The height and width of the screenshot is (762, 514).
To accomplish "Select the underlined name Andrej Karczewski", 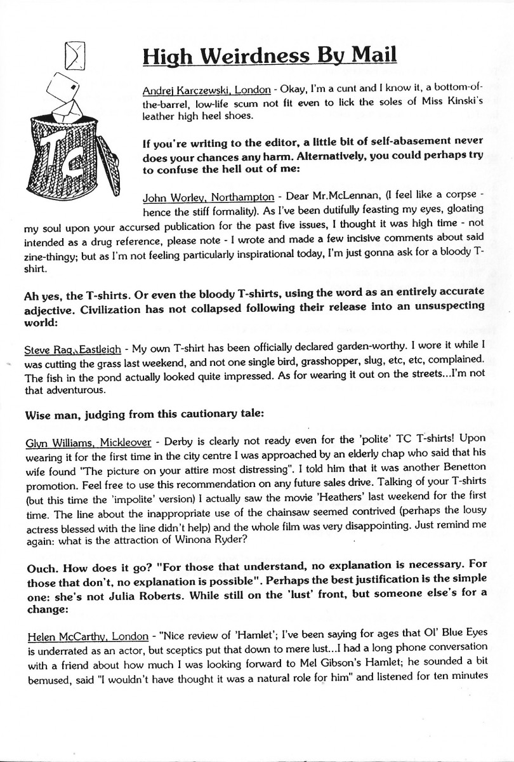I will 180,90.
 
